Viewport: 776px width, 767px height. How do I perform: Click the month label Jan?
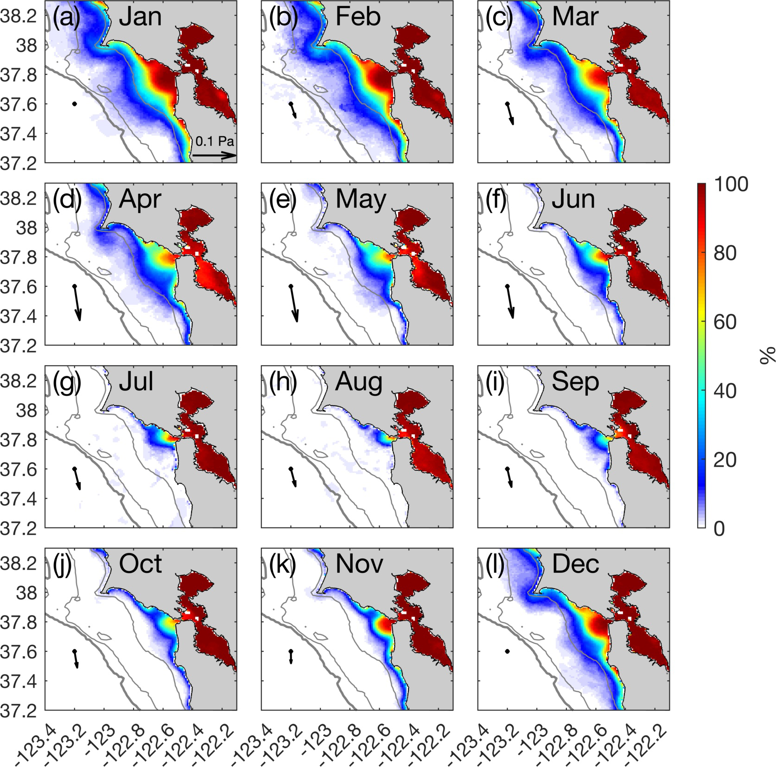click(x=140, y=17)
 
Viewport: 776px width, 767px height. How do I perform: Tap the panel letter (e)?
click(x=283, y=199)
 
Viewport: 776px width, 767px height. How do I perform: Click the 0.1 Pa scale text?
click(x=214, y=141)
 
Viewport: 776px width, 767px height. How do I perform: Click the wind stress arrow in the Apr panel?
click(x=77, y=303)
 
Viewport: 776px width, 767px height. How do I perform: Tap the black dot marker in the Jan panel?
click(x=75, y=104)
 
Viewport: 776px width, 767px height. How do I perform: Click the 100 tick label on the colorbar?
click(x=731, y=184)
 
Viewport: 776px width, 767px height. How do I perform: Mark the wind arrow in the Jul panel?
click(x=77, y=479)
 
